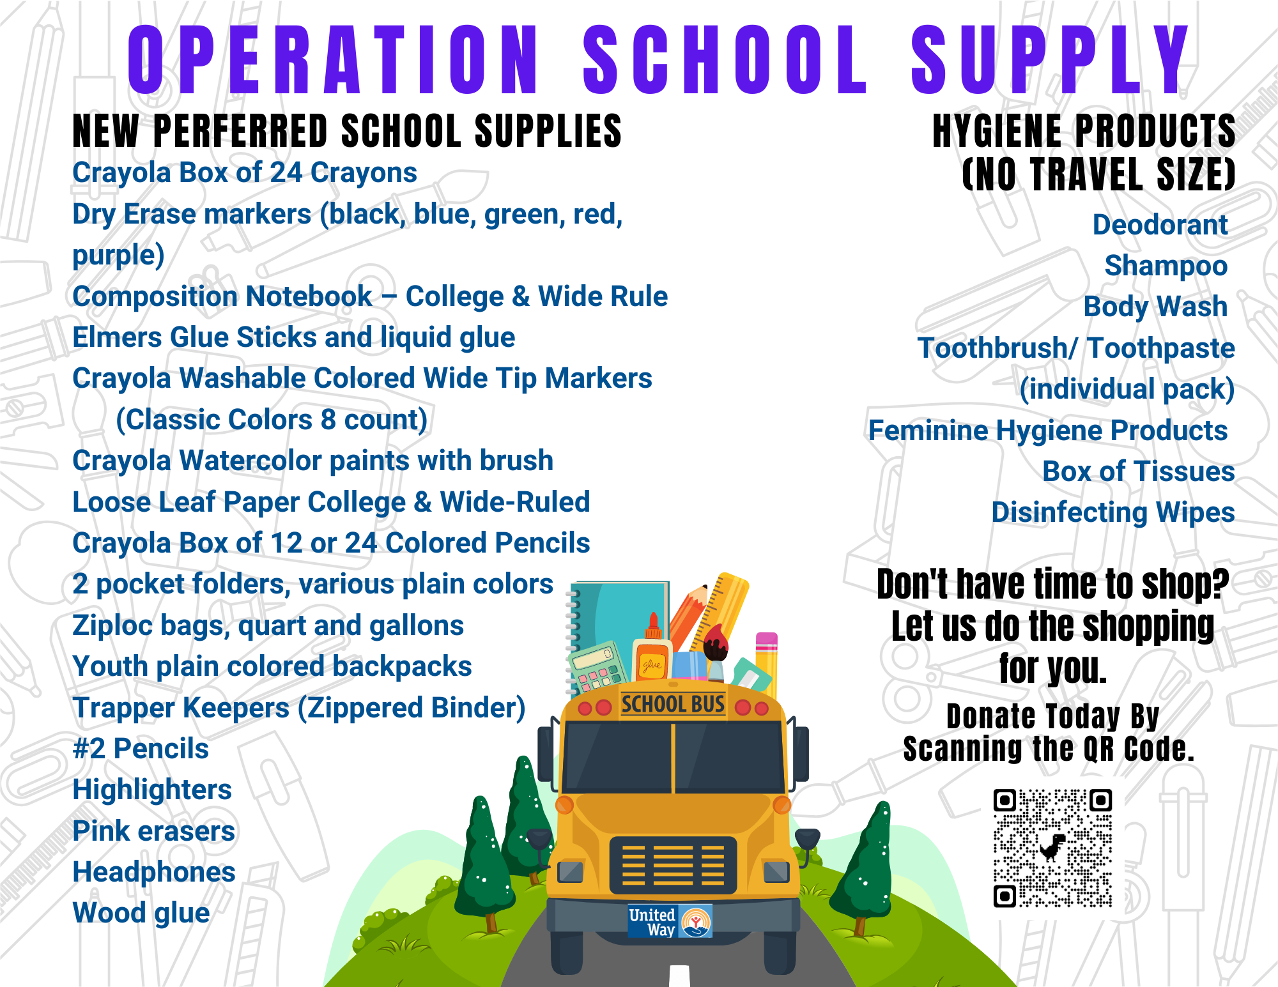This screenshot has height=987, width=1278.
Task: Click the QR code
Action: point(1052,848)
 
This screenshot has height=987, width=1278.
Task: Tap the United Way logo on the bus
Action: point(670,921)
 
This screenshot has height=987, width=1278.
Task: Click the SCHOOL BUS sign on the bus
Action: point(673,704)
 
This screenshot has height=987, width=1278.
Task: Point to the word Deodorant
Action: point(1160,225)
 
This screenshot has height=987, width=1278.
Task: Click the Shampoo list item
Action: point(1166,266)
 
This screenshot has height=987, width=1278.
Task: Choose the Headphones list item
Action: point(154,872)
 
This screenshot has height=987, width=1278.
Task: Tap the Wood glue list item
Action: point(141,914)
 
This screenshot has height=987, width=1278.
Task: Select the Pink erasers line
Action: point(154,831)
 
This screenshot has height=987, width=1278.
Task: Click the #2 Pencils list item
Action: point(141,749)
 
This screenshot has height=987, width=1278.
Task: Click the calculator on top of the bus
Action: point(597,668)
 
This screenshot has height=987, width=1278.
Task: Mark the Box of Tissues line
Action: point(1139,471)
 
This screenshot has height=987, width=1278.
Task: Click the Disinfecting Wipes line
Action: point(1113,513)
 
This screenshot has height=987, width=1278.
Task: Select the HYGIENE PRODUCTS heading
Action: point(1084,131)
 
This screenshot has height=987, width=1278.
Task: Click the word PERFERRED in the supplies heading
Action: point(241,131)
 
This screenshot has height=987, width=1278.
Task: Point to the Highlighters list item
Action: point(152,790)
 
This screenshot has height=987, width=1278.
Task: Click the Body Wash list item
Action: point(1155,307)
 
